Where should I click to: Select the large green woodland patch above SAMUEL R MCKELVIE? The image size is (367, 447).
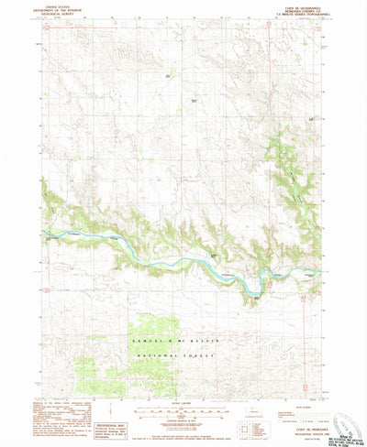click(151, 325)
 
